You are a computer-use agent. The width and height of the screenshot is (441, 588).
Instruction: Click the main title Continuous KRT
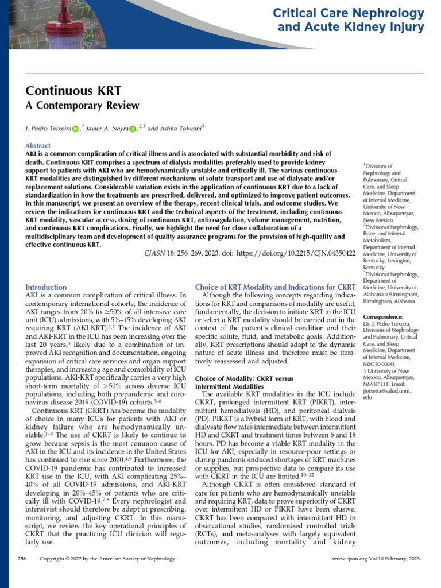(73, 91)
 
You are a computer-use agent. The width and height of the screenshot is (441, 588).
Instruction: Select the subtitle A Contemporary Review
(83, 105)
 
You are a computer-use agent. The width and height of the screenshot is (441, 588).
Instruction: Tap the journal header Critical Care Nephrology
(349, 13)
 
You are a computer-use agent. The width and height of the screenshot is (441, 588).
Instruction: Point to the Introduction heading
(47, 287)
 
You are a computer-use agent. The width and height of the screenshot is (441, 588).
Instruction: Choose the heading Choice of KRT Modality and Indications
(276, 287)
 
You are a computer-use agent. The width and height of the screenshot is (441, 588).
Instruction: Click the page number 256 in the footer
(22, 558)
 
